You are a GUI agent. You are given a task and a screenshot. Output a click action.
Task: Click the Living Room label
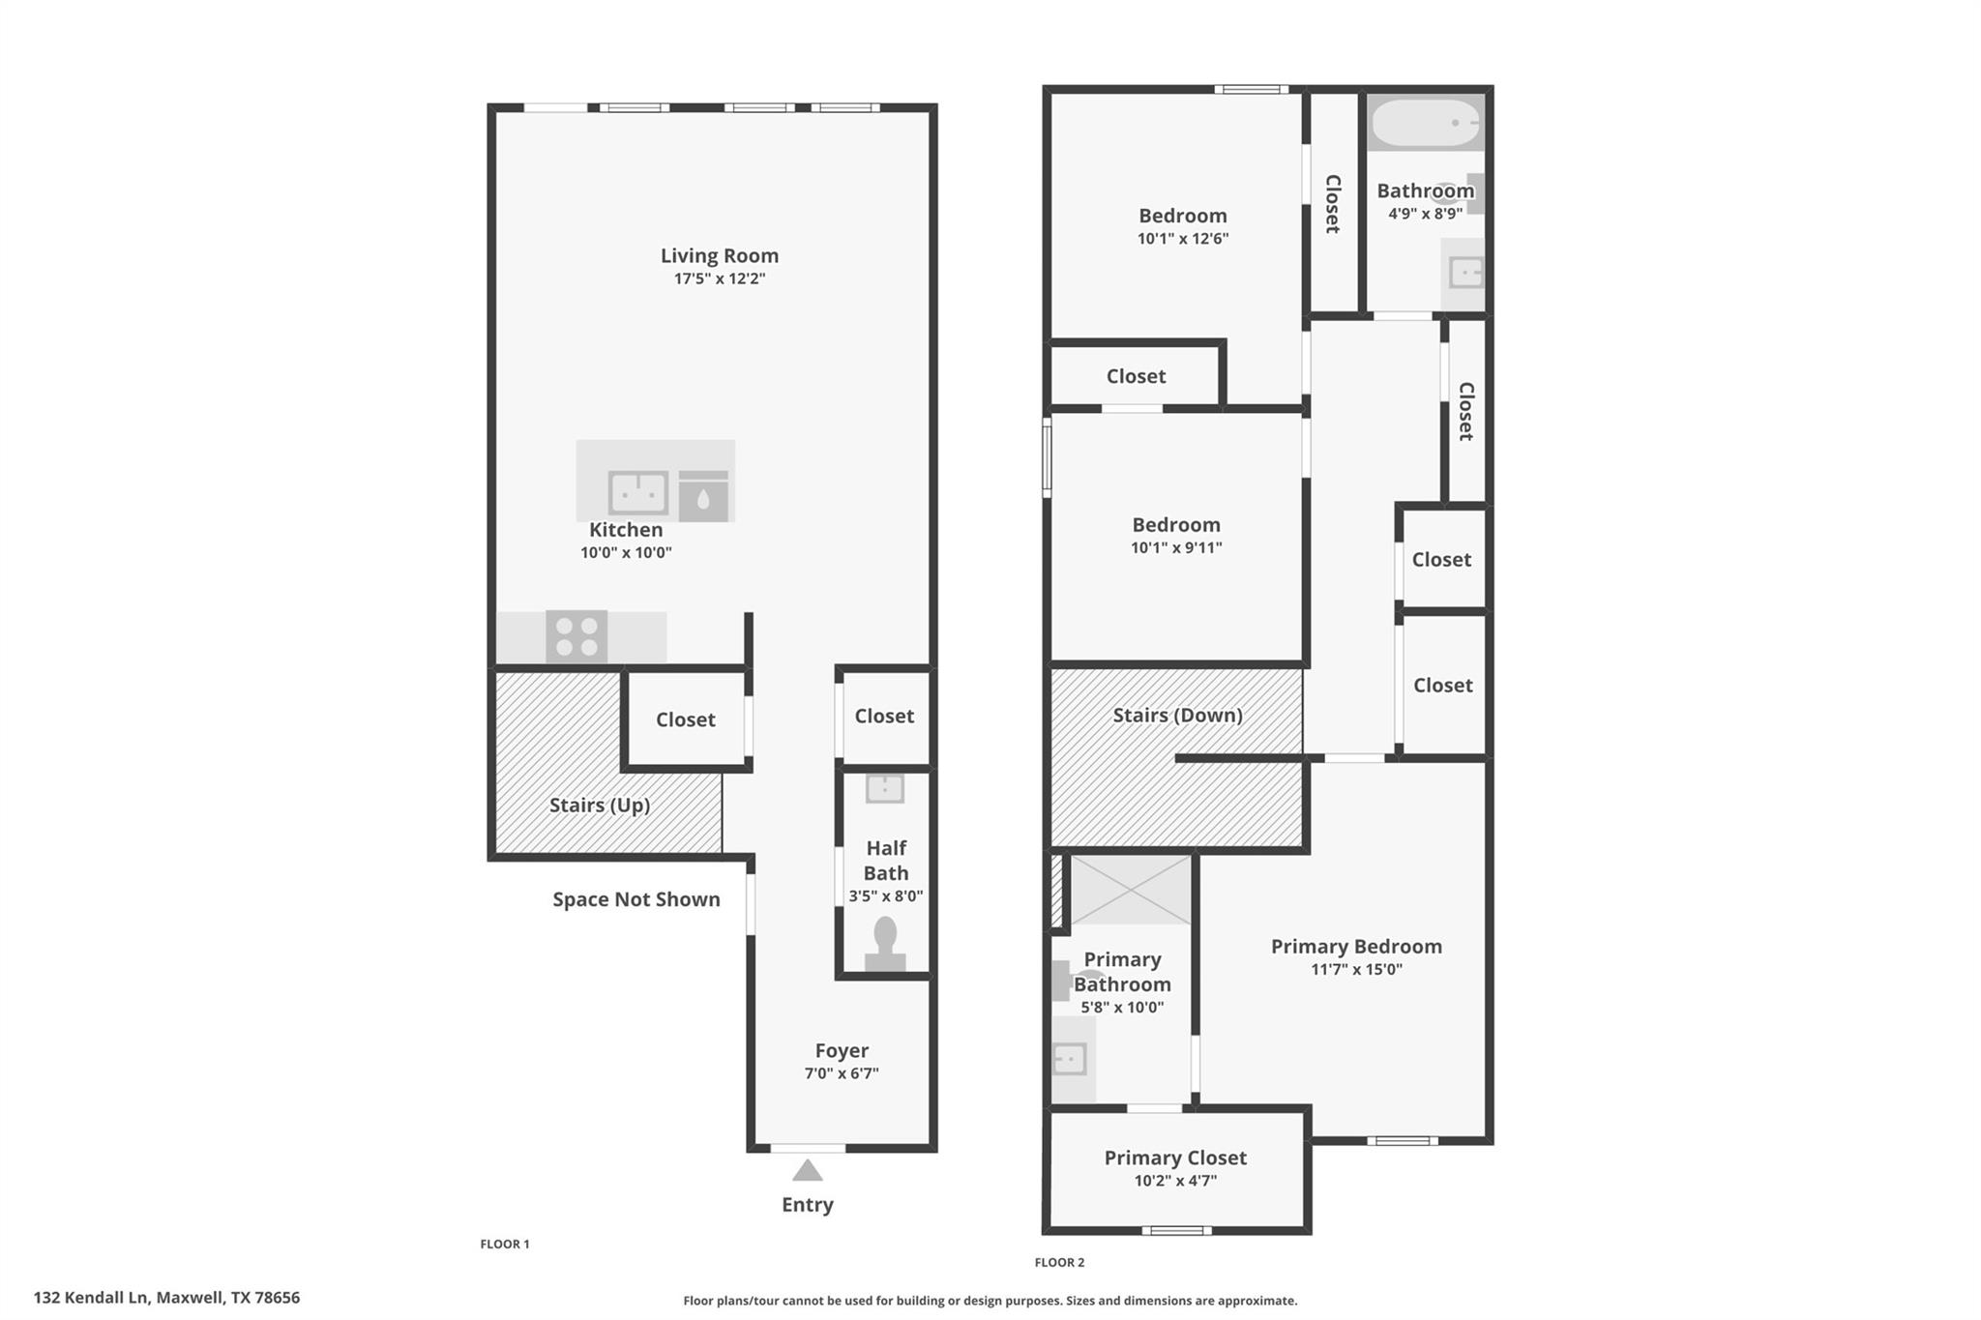(x=719, y=255)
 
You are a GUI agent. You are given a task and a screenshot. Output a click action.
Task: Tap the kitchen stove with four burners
(x=577, y=636)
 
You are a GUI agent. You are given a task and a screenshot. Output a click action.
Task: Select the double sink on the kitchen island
(x=637, y=492)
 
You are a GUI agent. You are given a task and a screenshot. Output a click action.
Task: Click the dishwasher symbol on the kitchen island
(x=703, y=496)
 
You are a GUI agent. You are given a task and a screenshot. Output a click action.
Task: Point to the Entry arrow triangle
(x=808, y=1171)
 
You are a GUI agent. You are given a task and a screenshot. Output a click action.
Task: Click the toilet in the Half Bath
(x=885, y=943)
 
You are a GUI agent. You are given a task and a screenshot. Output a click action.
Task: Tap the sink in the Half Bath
(x=885, y=788)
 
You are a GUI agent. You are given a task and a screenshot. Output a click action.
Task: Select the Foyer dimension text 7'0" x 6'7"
(x=842, y=1073)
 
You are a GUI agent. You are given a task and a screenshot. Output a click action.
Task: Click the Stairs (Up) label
(x=599, y=805)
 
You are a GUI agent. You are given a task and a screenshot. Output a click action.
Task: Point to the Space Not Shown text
(x=636, y=899)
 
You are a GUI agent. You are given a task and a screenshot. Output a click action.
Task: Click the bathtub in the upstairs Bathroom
(x=1425, y=123)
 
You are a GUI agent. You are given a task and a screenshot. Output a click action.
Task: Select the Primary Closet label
(x=1175, y=1158)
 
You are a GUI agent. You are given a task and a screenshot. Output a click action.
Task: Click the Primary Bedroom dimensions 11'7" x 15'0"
(x=1356, y=970)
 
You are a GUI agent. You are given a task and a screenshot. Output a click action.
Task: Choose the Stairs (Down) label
(x=1177, y=715)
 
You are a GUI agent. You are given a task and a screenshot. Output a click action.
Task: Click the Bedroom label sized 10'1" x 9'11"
(x=1176, y=525)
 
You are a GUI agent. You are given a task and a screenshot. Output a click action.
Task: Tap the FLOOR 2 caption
(x=1059, y=1262)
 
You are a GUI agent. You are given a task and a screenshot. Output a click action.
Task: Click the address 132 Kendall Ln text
(x=166, y=1298)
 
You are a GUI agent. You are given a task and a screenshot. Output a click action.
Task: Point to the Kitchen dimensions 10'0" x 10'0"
(x=626, y=553)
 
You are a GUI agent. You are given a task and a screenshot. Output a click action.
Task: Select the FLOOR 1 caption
(x=505, y=1244)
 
